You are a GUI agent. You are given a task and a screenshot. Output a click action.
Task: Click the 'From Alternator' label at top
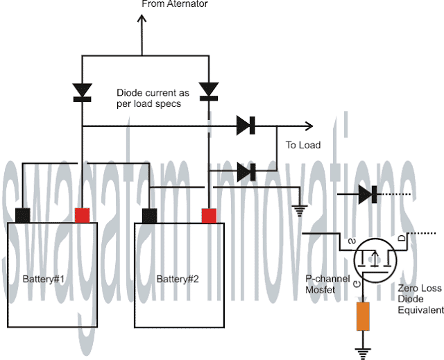pyautogui.click(x=174, y=4)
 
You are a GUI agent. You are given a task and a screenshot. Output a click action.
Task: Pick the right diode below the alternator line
pyautogui.click(x=209, y=91)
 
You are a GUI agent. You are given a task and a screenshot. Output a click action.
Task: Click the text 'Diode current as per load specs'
pyautogui.click(x=150, y=98)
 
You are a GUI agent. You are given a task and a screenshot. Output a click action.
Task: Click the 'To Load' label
pyautogui.click(x=303, y=146)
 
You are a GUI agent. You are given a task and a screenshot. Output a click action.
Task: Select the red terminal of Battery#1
pyautogui.click(x=83, y=214)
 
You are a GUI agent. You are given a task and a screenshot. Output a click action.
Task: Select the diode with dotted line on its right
pyautogui.click(x=367, y=195)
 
